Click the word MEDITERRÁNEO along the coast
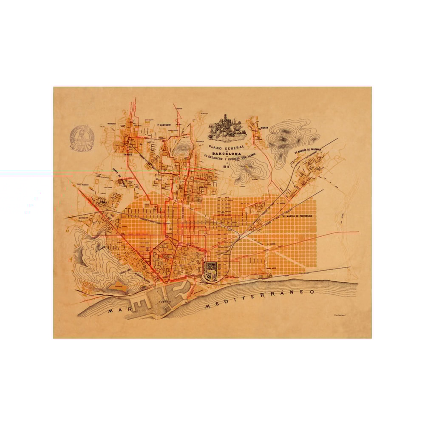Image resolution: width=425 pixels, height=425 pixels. [259, 299]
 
